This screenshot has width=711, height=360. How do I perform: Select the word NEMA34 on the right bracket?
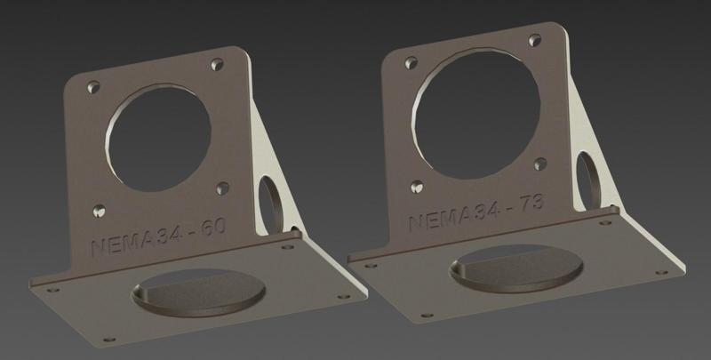(x=452, y=217)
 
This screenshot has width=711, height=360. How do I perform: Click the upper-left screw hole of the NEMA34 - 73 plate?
(x=411, y=63)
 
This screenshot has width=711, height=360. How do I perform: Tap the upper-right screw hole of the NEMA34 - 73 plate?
(x=535, y=40)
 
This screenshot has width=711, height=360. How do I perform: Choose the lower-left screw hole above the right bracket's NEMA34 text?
(x=416, y=188)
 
